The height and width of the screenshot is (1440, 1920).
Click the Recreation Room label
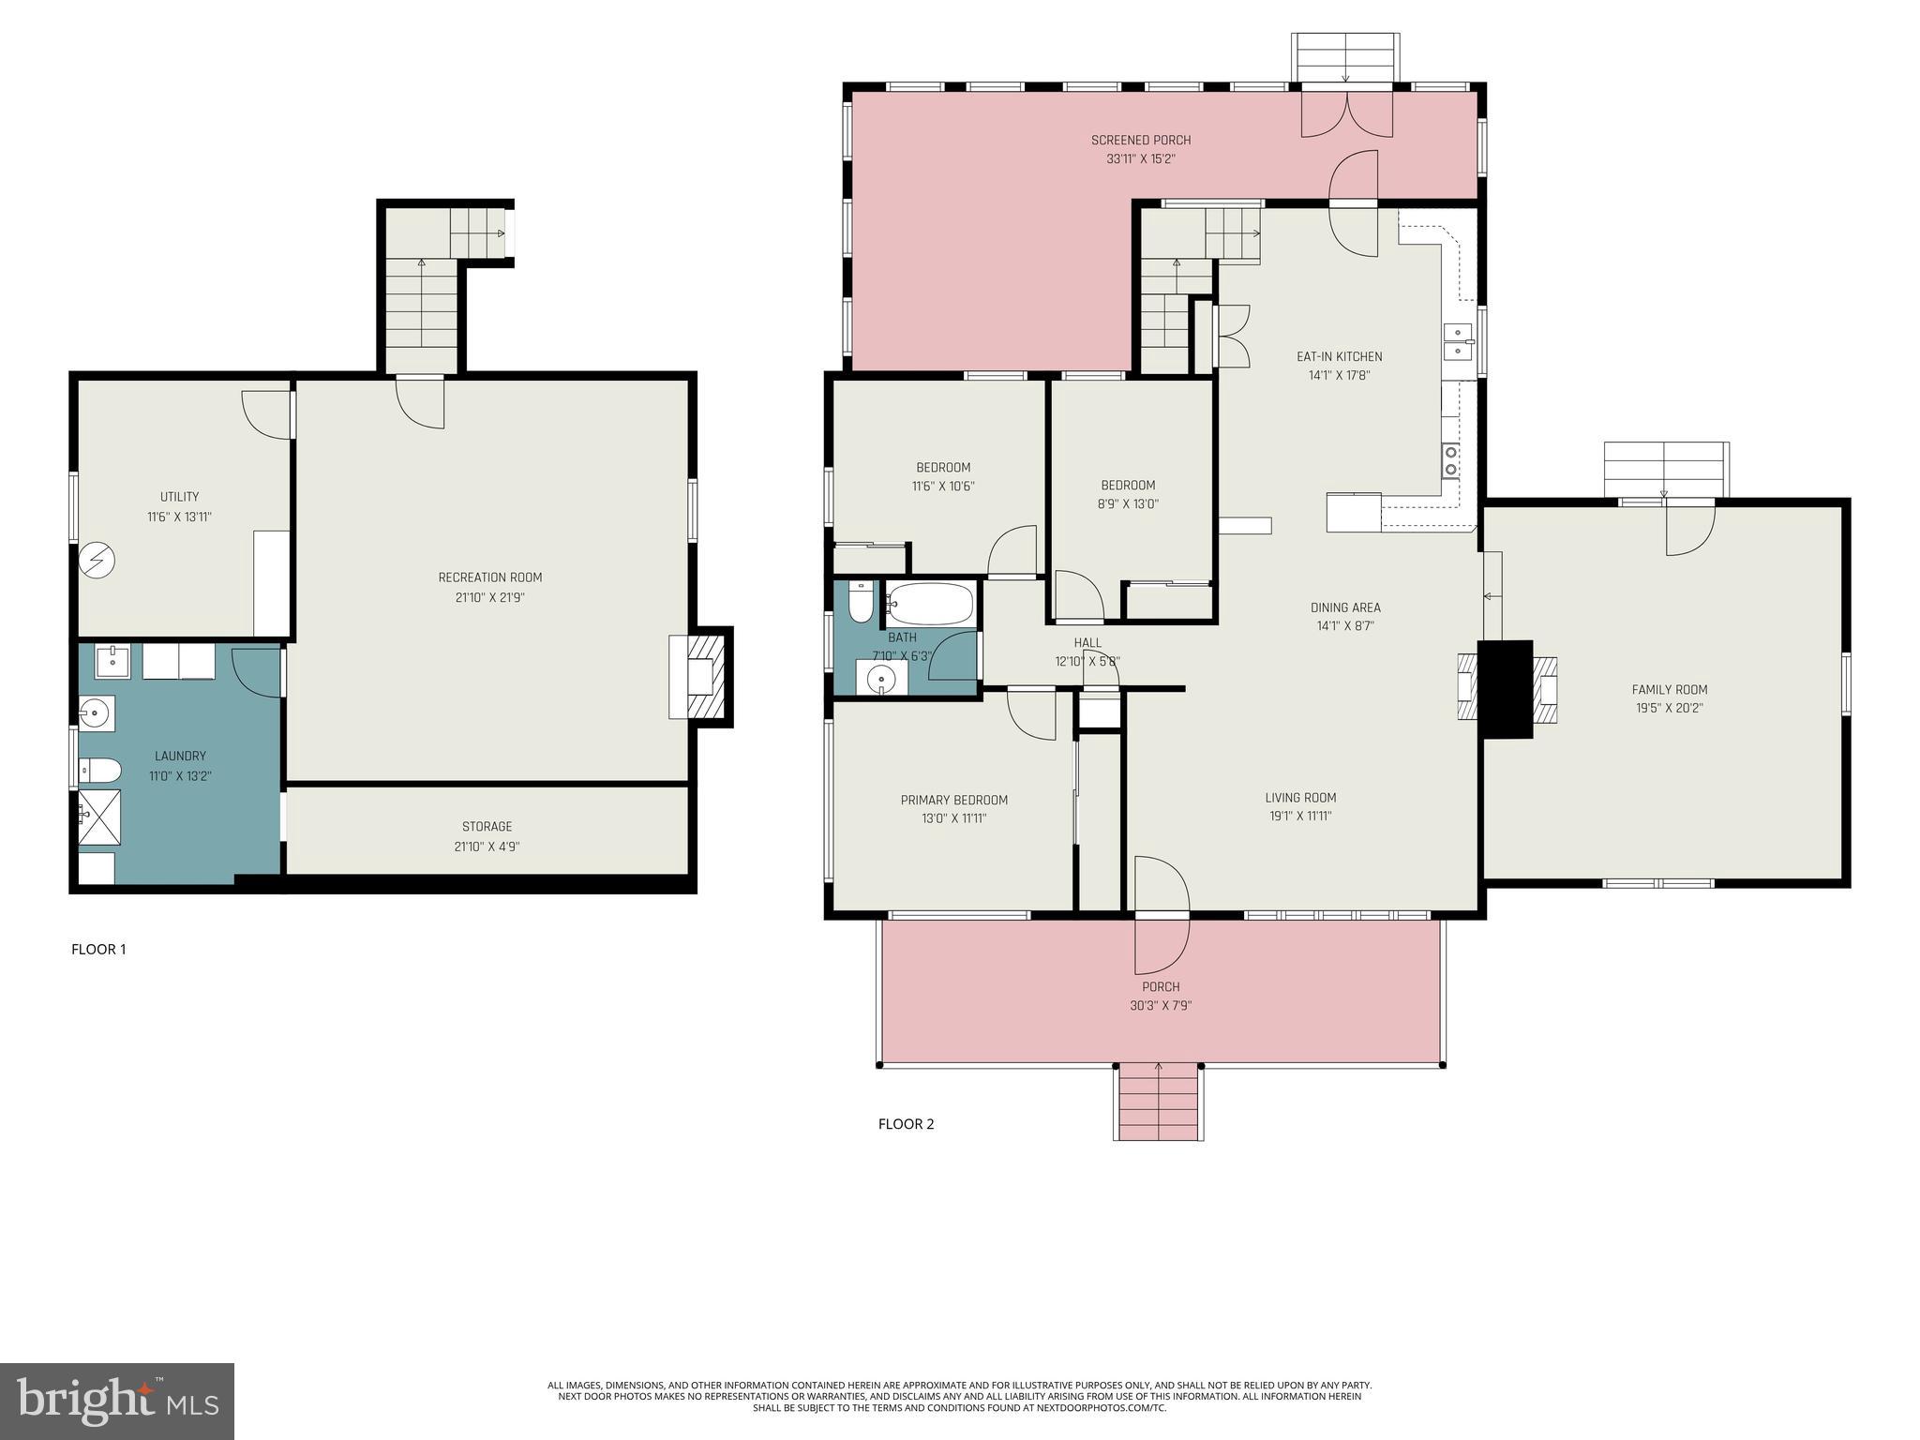click(490, 577)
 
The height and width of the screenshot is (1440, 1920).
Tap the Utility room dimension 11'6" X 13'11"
click(179, 517)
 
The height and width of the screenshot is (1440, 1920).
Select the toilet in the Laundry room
click(98, 771)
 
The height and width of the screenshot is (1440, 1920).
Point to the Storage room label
click(487, 827)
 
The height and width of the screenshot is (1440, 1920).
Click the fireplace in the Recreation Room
click(698, 676)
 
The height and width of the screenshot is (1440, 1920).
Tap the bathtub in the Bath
click(930, 605)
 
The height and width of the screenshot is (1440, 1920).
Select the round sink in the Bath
click(880, 677)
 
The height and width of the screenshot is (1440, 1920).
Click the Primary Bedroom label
click(953, 800)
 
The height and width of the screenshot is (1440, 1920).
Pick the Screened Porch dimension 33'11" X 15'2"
click(1140, 159)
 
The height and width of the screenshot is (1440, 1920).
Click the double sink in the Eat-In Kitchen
click(1458, 342)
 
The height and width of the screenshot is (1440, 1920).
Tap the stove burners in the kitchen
click(1450, 460)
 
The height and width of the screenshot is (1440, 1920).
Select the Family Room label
click(1669, 689)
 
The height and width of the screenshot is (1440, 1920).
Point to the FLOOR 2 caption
click(906, 1124)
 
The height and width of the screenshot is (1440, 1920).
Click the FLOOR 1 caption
click(98, 950)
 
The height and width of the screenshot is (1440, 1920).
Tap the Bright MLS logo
click(116, 1401)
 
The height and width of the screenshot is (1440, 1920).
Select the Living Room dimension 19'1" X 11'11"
click(1299, 817)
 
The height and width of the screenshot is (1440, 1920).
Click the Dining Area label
click(1344, 607)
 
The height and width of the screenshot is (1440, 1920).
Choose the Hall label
click(1087, 643)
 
